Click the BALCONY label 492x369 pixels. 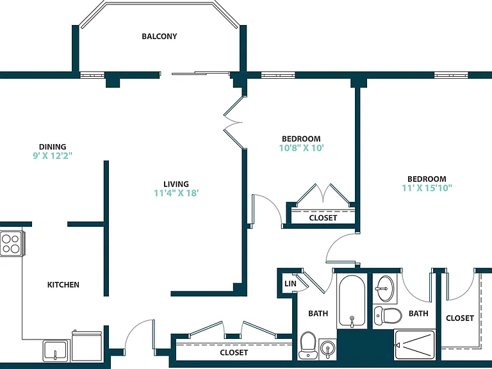pos(160,37)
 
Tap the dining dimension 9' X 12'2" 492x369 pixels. pos(53,156)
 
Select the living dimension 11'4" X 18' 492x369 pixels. pos(176,193)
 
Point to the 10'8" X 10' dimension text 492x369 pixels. pos(301,148)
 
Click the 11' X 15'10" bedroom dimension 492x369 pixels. pos(427,188)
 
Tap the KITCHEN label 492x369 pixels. pos(63,285)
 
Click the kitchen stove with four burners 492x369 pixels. pos(12,243)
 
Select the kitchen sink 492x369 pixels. pos(56,350)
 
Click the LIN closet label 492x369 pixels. pos(290,284)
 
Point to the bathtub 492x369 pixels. pos(352,301)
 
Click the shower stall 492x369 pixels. pos(414,345)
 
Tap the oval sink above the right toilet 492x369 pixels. pos(384,288)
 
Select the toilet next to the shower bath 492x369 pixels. pos(388,315)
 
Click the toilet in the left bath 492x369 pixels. pos(307,345)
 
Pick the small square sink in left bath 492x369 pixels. pos(327,349)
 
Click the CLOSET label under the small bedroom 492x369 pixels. pos(323,218)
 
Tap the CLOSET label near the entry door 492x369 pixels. pos(234,353)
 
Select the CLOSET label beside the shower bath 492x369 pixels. pos(460,318)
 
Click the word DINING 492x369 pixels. pos(53,147)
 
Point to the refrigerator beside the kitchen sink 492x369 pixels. pos(87,346)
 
